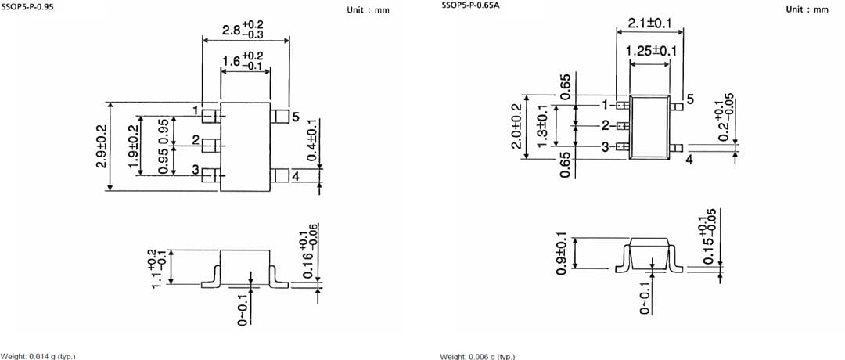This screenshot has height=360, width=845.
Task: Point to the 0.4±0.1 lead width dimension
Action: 312,141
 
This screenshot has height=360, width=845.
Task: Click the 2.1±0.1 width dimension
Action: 649,23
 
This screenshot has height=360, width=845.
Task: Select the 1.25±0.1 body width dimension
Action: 651,51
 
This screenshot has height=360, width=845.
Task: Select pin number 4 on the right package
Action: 689,159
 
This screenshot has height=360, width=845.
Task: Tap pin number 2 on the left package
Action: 195,140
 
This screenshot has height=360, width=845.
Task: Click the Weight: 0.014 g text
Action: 38,356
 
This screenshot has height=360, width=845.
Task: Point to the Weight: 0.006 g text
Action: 477,356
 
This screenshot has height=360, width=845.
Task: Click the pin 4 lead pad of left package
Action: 279,176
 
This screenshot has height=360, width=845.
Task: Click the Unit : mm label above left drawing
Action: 367,10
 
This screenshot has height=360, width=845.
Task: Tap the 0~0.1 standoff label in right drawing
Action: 645,299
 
